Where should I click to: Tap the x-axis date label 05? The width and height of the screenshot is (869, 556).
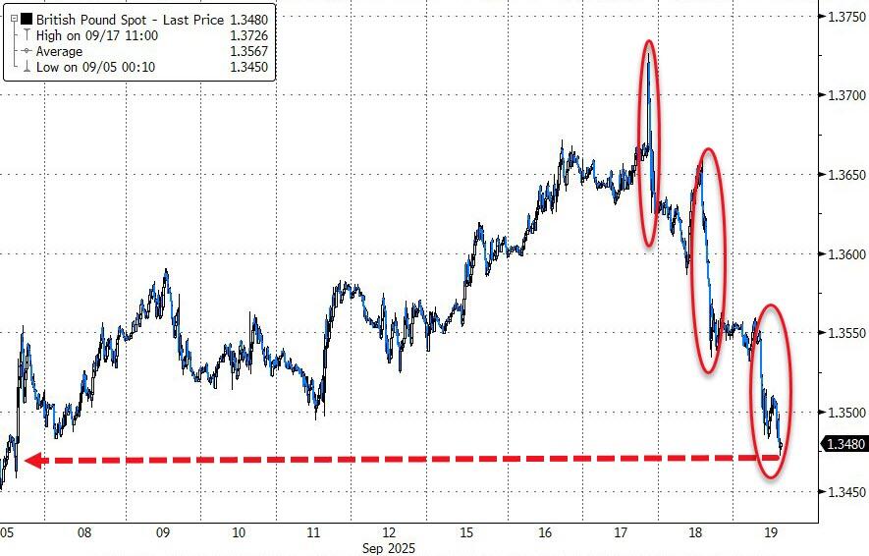point(7,533)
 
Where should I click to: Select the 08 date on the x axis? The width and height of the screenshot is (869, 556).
point(85,533)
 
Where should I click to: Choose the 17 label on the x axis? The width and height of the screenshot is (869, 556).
point(620,533)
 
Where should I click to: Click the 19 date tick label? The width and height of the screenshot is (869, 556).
point(772,533)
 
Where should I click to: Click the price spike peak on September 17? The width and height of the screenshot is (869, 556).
point(649,51)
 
